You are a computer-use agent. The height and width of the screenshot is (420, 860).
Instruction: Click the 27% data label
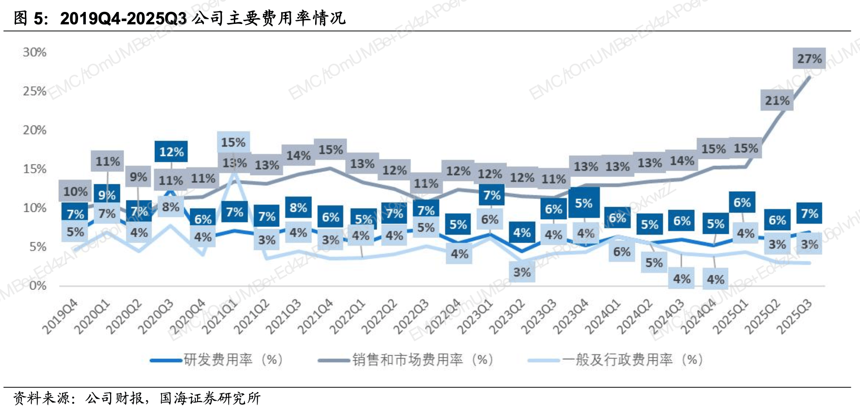click(809, 59)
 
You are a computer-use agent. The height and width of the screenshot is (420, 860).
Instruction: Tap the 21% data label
click(777, 101)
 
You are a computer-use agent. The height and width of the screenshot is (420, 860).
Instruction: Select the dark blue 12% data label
click(171, 152)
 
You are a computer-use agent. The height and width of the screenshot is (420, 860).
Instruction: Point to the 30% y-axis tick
click(34, 52)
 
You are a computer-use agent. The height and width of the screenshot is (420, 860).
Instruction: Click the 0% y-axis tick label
click(38, 286)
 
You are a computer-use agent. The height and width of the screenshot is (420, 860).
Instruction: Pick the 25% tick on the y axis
click(34, 91)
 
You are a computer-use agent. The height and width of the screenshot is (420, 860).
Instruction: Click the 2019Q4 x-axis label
click(60, 317)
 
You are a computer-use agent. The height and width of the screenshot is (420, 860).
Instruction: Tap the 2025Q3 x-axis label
click(794, 317)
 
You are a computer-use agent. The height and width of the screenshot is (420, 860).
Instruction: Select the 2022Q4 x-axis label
click(443, 317)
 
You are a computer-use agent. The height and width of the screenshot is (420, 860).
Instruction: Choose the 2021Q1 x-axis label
click(220, 317)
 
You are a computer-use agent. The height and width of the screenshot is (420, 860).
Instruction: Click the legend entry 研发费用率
click(232, 359)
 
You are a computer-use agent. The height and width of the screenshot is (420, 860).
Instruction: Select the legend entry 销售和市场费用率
click(422, 359)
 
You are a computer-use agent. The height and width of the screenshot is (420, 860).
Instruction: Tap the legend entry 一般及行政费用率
click(632, 359)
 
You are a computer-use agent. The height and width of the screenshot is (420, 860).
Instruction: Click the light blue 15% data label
click(233, 142)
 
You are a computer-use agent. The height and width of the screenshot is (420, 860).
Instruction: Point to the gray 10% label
click(75, 191)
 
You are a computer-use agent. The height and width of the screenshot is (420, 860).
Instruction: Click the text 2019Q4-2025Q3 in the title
click(123, 18)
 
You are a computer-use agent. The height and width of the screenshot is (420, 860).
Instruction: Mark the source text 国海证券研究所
click(210, 398)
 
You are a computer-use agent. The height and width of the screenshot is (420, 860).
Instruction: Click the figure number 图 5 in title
click(30, 18)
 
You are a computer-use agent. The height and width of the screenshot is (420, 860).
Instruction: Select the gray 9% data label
click(138, 177)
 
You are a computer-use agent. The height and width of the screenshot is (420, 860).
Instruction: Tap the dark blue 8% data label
click(298, 208)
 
